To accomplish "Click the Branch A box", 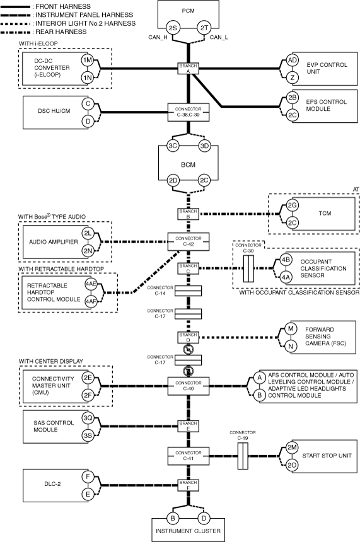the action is (x=189, y=68).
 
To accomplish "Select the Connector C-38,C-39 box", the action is (x=189, y=112).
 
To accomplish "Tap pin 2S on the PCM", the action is (x=173, y=28).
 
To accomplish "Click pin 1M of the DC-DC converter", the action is (x=88, y=60).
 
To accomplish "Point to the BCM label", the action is (x=188, y=164).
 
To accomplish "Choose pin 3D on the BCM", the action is (x=204, y=146).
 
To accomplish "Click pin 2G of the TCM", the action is (x=293, y=205).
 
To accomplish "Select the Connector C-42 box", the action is (x=189, y=241).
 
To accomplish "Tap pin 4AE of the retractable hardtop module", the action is (x=91, y=284).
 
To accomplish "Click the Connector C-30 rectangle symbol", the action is (x=248, y=268).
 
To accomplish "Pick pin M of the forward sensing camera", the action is (x=291, y=328).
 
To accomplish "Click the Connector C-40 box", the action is (x=189, y=386).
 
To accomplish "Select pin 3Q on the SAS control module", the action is (x=88, y=418).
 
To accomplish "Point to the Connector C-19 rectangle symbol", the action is (x=243, y=456).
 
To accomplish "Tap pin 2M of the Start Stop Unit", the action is (x=292, y=447).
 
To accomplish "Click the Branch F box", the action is (x=189, y=485).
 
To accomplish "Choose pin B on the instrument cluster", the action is (x=173, y=518).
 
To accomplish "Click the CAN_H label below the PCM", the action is (x=158, y=37).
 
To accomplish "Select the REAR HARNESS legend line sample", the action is (x=16, y=32).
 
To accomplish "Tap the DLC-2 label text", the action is (x=52, y=484).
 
